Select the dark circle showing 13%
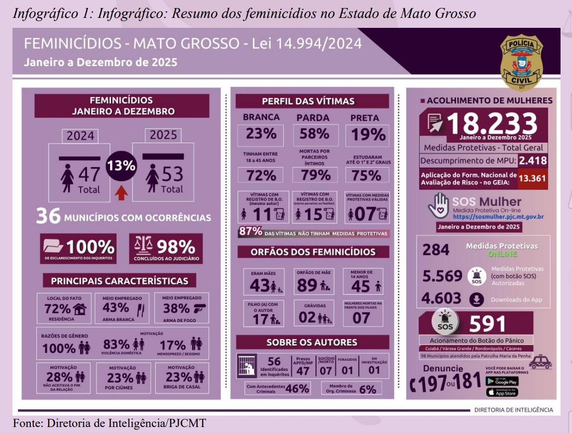click(121, 166)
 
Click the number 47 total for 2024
click(89, 174)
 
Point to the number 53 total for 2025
click(172, 174)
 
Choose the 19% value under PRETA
click(368, 135)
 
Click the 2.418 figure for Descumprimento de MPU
click(532, 161)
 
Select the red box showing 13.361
click(533, 178)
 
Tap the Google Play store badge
click(501, 381)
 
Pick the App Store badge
click(501, 392)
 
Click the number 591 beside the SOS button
click(487, 324)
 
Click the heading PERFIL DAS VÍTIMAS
click(308, 101)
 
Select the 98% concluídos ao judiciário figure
click(176, 246)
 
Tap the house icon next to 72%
click(80, 309)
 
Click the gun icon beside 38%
click(200, 308)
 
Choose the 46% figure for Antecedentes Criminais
click(297, 388)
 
